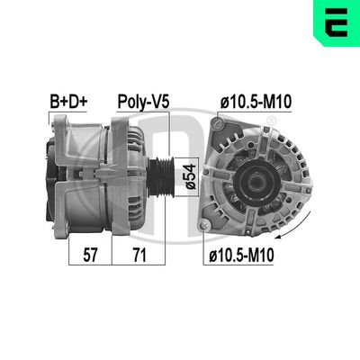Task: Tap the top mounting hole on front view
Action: click(220, 127)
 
